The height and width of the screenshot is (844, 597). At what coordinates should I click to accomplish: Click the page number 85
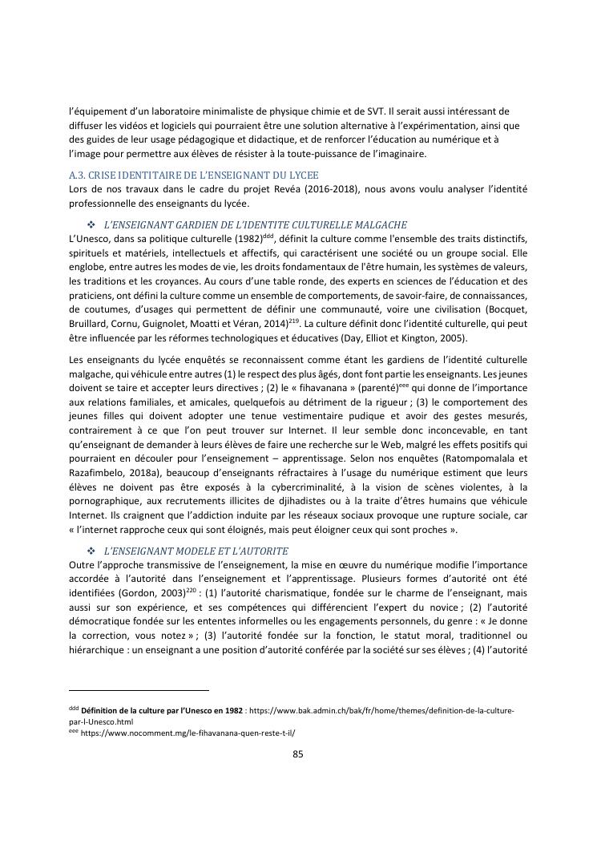298,753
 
